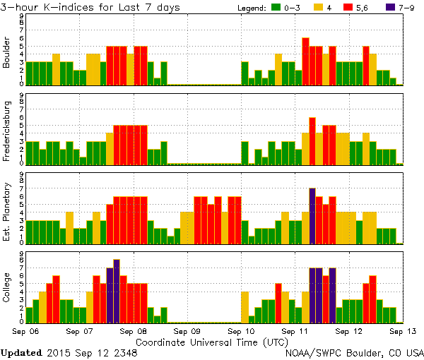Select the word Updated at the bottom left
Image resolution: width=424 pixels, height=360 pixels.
(22, 352)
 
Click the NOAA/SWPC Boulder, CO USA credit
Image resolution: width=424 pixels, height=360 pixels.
(354, 352)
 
